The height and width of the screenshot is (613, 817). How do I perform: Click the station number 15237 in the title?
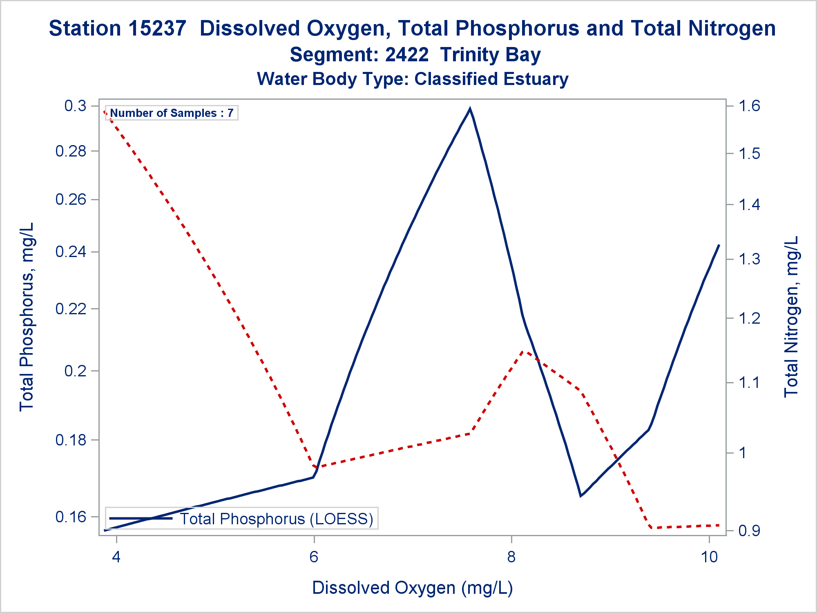(x=157, y=29)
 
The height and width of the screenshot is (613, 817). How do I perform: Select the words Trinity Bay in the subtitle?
(x=490, y=55)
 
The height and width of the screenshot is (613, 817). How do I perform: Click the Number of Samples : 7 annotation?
(x=172, y=113)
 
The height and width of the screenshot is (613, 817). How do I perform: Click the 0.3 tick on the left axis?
(x=76, y=106)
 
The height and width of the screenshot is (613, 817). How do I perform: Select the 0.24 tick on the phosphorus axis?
(x=71, y=251)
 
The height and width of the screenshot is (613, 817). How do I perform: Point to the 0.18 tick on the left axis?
(x=71, y=440)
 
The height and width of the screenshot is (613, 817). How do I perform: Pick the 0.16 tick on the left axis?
(x=71, y=517)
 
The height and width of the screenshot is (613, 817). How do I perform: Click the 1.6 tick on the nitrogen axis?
(x=749, y=106)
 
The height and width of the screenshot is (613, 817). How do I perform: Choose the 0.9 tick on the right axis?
(x=749, y=531)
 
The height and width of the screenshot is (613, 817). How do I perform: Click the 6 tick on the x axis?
(x=314, y=557)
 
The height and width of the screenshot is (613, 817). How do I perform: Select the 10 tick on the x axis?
(x=709, y=557)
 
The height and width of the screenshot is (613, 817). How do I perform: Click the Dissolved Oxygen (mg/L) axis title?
(x=413, y=588)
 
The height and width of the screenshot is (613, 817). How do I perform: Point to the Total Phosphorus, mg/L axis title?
(x=27, y=317)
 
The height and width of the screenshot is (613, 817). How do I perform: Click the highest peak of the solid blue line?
(x=470, y=109)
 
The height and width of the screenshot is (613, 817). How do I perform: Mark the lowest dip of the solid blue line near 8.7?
(x=580, y=496)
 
